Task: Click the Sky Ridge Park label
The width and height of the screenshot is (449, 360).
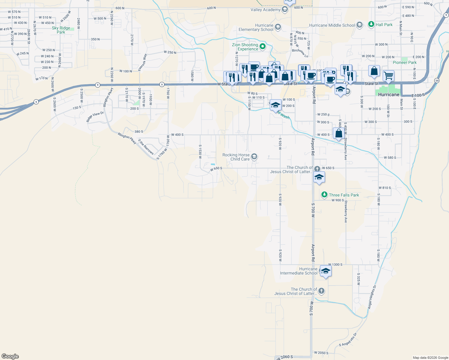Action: pos(61,30)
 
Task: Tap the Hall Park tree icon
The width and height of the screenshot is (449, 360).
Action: pos(371,25)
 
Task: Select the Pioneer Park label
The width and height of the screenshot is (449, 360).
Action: pos(405,62)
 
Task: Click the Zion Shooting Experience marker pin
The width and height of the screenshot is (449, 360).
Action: pos(263,46)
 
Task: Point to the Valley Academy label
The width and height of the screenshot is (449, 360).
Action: pos(265,10)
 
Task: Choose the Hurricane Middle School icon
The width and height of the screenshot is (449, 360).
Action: pos(360,25)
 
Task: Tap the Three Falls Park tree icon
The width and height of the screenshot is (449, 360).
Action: pos(324,195)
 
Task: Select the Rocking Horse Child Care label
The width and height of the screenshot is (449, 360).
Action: pos(236,157)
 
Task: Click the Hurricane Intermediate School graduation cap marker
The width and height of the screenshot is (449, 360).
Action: pos(325,271)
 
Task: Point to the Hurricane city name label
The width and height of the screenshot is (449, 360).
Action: pos(389,94)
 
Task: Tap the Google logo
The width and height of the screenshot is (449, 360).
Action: pos(10,356)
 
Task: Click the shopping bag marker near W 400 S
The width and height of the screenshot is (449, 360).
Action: pos(339,133)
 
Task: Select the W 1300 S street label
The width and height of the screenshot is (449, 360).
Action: pos(335,265)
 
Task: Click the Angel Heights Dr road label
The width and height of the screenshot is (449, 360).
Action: pos(372,297)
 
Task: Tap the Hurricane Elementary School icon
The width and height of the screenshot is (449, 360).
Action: pos(278,27)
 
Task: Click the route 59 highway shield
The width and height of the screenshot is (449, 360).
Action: pos(437,80)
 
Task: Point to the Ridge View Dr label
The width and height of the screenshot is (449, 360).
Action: pos(95,117)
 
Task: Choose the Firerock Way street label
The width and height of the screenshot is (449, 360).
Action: pos(143,62)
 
